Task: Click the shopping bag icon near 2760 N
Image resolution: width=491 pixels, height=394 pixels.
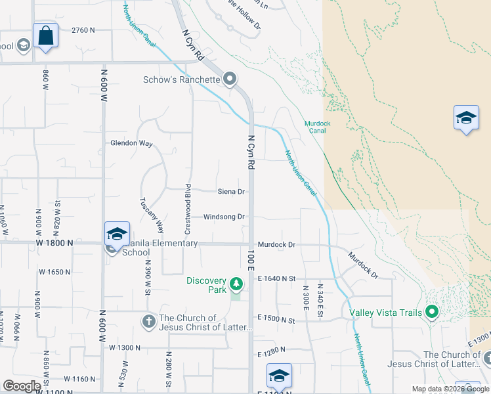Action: (x=45, y=35)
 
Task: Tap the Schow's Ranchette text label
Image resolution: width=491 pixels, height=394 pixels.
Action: (x=182, y=80)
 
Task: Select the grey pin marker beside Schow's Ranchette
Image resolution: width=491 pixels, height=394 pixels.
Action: (x=230, y=80)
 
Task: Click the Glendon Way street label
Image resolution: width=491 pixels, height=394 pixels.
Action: (x=131, y=143)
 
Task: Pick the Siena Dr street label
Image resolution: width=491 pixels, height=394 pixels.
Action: (x=231, y=192)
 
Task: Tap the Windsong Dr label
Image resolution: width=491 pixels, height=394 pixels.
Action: (x=224, y=217)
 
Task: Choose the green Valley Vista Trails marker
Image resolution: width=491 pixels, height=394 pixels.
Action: (x=431, y=312)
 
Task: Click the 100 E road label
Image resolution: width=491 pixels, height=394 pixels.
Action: (x=250, y=259)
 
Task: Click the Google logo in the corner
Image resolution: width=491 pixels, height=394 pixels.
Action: (x=22, y=386)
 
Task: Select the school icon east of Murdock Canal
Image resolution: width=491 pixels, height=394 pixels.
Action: (x=466, y=118)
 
